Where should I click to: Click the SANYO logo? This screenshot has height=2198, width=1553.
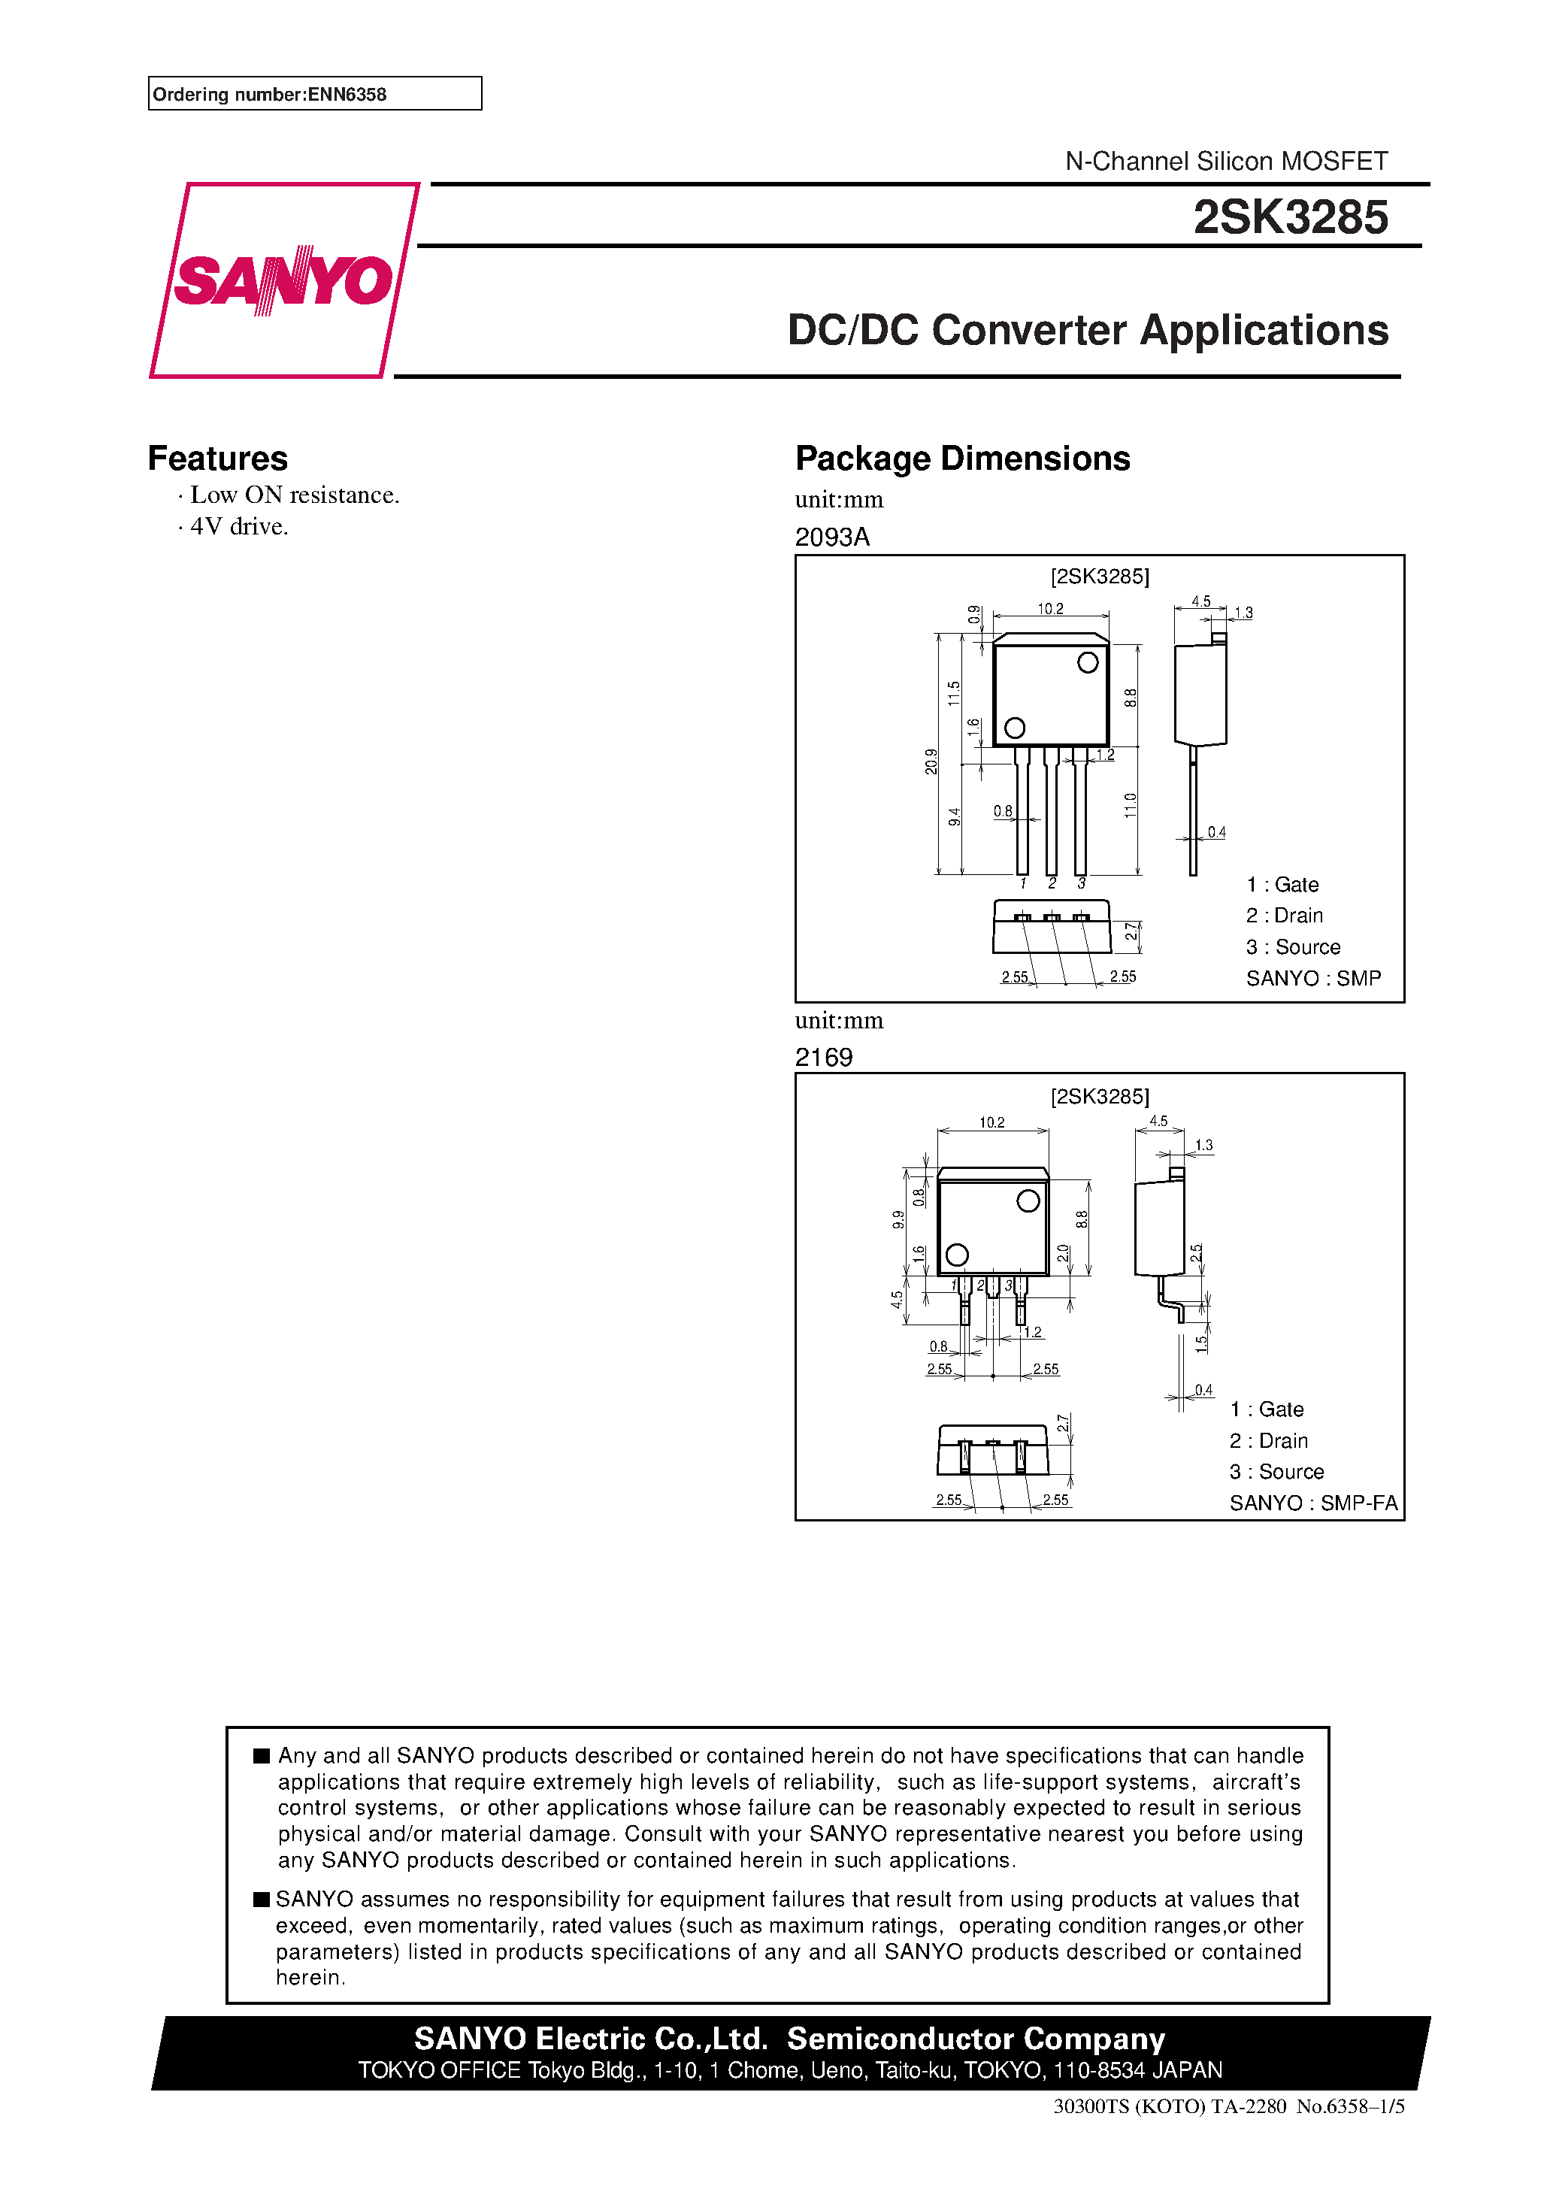coord(283,280)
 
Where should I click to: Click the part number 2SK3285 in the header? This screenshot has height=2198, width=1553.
coord(1290,217)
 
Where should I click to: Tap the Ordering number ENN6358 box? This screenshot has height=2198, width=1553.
coord(314,94)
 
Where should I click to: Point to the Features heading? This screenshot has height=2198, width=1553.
coord(217,459)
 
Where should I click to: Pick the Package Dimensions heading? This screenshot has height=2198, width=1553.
coord(962,459)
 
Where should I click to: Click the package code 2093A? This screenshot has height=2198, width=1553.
coord(832,537)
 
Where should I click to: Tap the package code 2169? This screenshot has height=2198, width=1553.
coord(823,1057)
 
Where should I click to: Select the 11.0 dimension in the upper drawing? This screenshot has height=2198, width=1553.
coord(1130,805)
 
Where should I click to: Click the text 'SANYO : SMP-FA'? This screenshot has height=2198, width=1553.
coord(1312,1503)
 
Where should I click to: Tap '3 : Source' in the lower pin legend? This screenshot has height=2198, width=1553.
coord(1276,1471)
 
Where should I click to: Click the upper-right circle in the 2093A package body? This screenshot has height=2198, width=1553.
coord(1088,662)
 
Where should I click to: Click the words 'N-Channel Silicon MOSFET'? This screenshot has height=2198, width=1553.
coord(1225,161)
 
